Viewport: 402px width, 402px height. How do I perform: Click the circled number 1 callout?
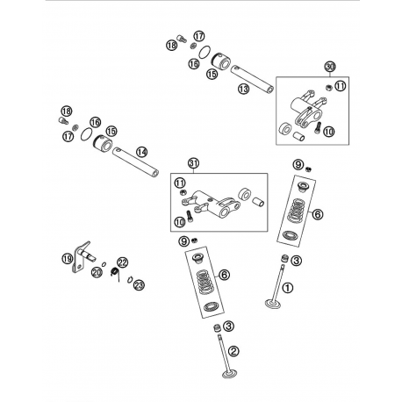pyautogui.click(x=287, y=288)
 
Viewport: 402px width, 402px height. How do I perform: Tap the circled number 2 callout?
pyautogui.click(x=233, y=350)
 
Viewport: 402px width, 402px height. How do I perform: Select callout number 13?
pyautogui.click(x=243, y=89)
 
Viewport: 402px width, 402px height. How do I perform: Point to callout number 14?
pyautogui.click(x=141, y=152)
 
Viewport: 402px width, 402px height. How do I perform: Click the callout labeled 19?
pyautogui.click(x=68, y=258)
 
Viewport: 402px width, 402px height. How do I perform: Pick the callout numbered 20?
pyautogui.click(x=97, y=272)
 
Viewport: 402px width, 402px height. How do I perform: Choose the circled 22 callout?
pyautogui.click(x=123, y=262)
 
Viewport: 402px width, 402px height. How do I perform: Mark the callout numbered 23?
pyautogui.click(x=139, y=284)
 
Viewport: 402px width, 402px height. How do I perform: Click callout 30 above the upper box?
pyautogui.click(x=330, y=67)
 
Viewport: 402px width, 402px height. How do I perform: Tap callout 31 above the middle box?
pyautogui.click(x=194, y=163)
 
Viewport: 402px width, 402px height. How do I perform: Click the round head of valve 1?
pyautogui.click(x=273, y=304)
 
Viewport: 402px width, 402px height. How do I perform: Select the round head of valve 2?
pyautogui.click(x=230, y=374)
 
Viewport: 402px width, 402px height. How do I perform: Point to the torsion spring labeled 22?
pyautogui.click(x=116, y=274)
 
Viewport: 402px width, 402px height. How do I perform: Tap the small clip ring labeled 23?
pyautogui.click(x=130, y=279)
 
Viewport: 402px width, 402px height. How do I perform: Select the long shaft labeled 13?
pyautogui.click(x=252, y=80)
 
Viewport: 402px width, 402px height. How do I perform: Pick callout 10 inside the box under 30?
pyautogui.click(x=329, y=132)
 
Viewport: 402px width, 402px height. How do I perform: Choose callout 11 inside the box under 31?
pyautogui.click(x=180, y=183)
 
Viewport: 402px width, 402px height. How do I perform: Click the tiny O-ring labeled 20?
pyautogui.click(x=104, y=264)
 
